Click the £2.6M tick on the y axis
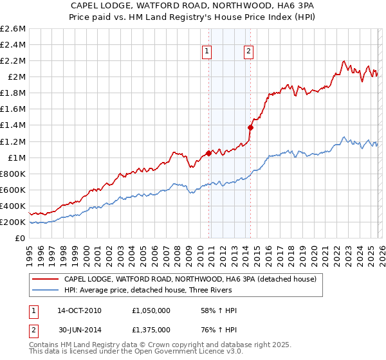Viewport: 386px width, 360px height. pyautogui.click(x=13, y=29)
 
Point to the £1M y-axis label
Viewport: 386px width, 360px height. pyautogui.click(x=16, y=157)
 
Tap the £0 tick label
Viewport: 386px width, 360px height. pyautogui.click(x=21, y=238)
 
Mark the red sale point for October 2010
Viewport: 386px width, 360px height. pyautogui.click(x=208, y=153)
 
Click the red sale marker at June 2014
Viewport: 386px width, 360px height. pyautogui.click(x=250, y=127)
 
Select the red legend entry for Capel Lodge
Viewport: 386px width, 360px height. pyautogui.click(x=189, y=279)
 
